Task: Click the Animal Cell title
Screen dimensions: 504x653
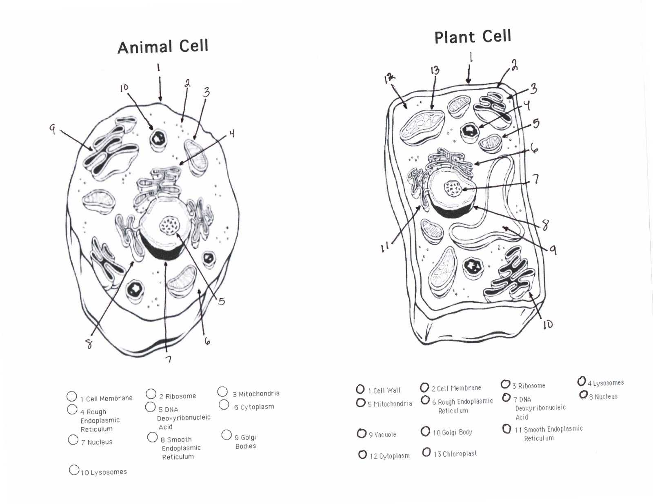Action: tap(163, 46)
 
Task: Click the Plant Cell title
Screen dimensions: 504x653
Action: tap(473, 37)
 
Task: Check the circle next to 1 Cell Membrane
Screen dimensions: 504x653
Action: tap(72, 396)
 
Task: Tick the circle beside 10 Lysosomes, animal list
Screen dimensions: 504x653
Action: tap(74, 470)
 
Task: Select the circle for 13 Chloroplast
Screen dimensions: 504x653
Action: tap(426, 452)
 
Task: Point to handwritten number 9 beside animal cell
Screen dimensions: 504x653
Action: tap(53, 129)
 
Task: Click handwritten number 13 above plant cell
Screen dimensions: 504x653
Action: tap(435, 70)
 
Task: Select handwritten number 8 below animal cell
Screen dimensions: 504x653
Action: tap(89, 344)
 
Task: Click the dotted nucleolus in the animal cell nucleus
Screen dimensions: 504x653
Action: tap(169, 225)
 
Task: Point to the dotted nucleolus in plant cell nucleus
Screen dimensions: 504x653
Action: tap(453, 189)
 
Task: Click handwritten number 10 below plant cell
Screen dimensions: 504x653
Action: tap(548, 324)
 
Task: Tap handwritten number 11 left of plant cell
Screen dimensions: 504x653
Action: tap(385, 247)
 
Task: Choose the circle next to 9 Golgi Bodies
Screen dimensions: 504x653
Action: tap(227, 435)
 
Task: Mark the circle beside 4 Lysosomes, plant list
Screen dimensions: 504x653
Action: tap(582, 382)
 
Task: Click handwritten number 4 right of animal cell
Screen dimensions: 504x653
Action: tap(232, 133)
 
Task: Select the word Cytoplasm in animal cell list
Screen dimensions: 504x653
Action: tap(257, 407)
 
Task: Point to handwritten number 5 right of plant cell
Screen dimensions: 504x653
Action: tap(536, 123)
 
